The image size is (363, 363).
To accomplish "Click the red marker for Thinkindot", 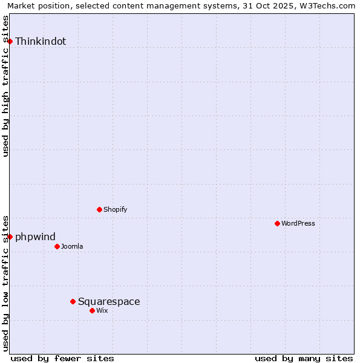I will click(10, 41).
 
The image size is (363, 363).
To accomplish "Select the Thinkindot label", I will click(41, 42).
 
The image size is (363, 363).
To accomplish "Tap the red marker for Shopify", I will click(99, 209).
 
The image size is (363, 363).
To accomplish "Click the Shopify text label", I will click(115, 210).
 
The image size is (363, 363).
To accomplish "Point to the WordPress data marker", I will click(277, 223).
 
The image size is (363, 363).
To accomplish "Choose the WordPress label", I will click(298, 224).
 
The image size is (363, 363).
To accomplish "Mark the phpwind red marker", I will click(10, 237).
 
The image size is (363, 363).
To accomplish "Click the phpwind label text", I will click(35, 237).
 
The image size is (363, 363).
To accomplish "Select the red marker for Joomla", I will click(57, 246).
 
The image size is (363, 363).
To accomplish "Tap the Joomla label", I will click(72, 247).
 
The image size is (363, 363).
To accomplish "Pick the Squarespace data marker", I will click(73, 301).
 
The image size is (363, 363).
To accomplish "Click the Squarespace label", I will click(109, 302).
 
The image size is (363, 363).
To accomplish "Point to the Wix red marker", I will click(92, 310).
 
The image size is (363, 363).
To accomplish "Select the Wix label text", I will click(102, 311).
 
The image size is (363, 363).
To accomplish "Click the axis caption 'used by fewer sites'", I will click(62, 358).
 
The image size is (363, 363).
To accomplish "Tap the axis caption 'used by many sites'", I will click(304, 358).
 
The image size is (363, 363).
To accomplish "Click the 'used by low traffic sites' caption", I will click(6, 283).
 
